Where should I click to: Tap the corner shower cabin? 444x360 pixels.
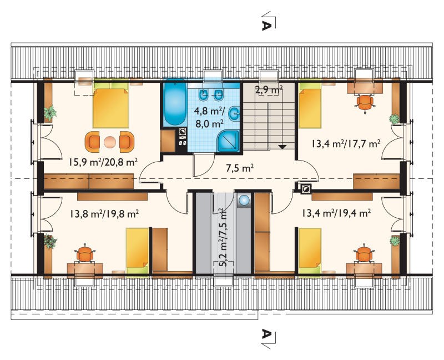point(228,142)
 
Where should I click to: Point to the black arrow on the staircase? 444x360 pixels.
point(282,147)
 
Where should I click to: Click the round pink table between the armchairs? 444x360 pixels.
point(109,142)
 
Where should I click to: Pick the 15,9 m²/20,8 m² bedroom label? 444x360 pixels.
point(103,162)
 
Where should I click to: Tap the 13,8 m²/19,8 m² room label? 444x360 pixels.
point(104,213)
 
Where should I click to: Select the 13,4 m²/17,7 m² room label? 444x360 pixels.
point(346,144)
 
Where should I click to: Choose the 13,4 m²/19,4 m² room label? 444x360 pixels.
point(336,213)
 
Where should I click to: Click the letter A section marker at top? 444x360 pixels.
point(267,25)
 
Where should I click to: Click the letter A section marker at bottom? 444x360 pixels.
point(267,334)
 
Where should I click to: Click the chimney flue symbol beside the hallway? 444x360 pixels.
point(306,188)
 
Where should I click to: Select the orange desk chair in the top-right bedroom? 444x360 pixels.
point(365,103)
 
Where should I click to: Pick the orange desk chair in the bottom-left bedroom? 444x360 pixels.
point(85,254)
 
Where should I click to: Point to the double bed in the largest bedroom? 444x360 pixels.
point(110,106)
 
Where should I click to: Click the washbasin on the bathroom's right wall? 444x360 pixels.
point(234,114)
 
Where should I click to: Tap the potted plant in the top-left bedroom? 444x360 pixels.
point(51,113)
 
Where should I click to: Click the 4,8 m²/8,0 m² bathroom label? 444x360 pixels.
point(209,117)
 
